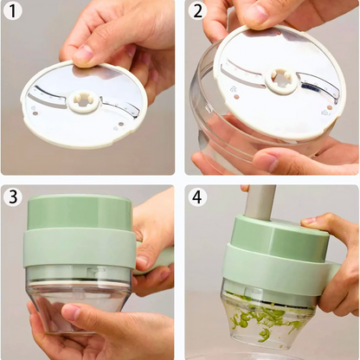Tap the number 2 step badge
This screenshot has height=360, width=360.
tap(197, 11)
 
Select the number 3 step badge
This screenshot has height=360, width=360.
tap(13, 196)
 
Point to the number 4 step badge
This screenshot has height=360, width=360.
tap(197, 196)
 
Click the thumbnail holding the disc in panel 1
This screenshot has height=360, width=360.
tap(84, 54)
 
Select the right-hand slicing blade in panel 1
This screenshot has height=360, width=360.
tap(121, 108)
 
